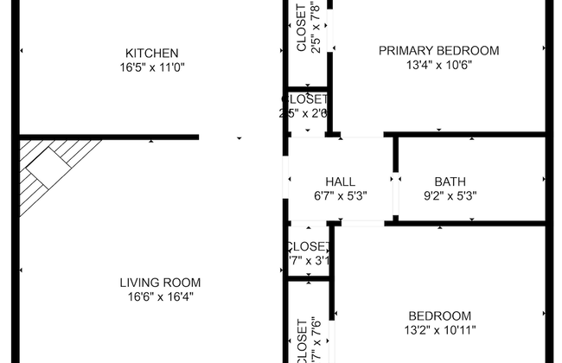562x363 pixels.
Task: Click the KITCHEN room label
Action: pos(151,53)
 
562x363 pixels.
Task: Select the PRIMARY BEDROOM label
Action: pos(438,50)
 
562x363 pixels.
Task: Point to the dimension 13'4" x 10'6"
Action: pos(438,64)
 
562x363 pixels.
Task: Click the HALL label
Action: pos(340,181)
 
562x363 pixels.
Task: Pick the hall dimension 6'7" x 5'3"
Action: pos(340,195)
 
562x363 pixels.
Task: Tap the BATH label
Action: pos(450,181)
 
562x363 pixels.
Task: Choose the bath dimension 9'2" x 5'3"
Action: pos(450,195)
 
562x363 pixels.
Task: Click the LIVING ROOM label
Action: pos(160,282)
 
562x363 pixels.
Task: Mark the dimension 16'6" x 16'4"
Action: pos(160,296)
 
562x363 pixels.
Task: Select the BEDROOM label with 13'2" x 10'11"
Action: pos(441,315)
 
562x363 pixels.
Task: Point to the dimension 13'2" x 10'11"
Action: pos(441,329)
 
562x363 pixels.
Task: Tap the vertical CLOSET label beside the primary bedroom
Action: pos(301,27)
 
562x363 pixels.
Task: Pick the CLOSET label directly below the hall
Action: pos(307,246)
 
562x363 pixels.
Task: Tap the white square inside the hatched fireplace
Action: pos(47,163)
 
